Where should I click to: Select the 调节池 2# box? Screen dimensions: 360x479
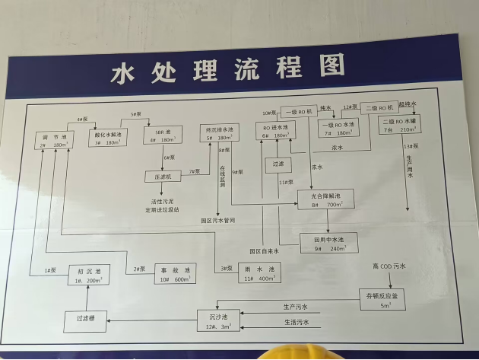[53, 139]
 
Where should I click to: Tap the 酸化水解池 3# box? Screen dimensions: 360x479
[109, 138]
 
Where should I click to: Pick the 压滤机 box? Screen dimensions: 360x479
[163, 177]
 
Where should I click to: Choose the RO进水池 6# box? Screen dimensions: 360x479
[274, 131]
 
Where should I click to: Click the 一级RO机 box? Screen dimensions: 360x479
[298, 111]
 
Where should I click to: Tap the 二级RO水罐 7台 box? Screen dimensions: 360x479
[401, 125]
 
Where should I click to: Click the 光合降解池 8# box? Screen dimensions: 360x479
[328, 201]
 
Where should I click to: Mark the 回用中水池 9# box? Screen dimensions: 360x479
[328, 244]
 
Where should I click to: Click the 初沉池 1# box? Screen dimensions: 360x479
[89, 276]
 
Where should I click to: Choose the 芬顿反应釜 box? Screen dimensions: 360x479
[382, 299]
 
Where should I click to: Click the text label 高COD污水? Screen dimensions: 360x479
[389, 266]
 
